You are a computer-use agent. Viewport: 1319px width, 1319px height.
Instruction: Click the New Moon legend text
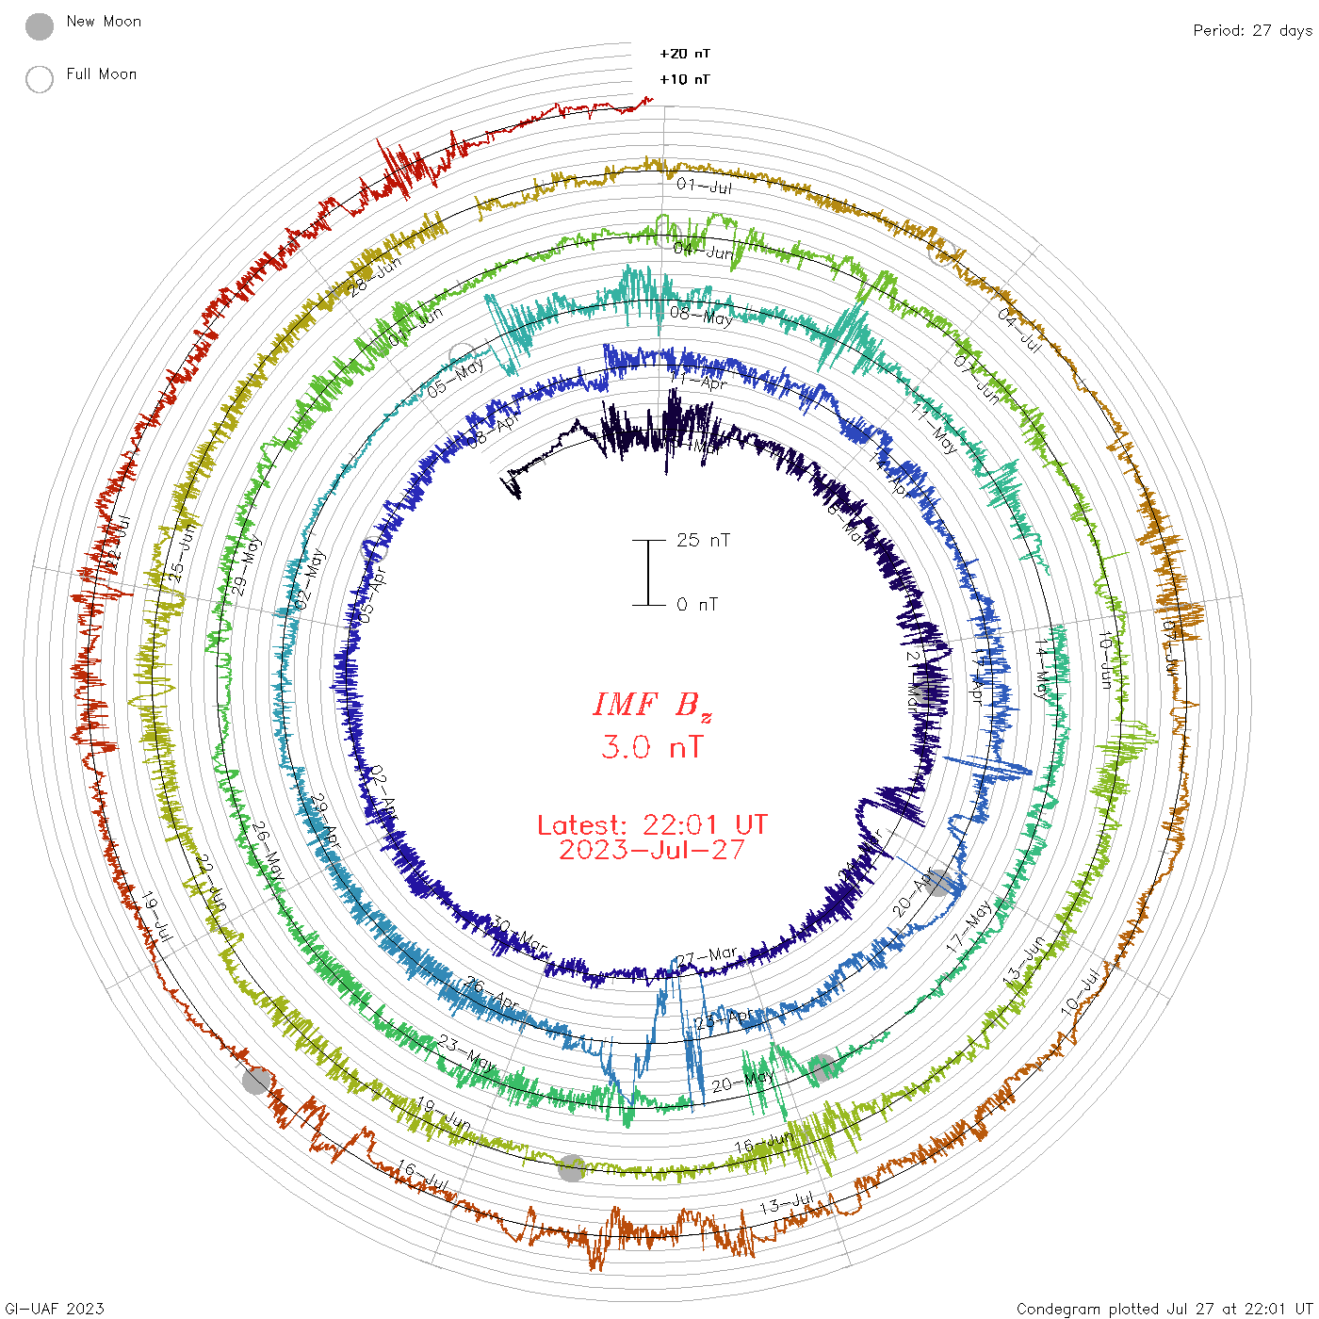point(104,22)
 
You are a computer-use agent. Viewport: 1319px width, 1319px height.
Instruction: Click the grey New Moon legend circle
point(40,26)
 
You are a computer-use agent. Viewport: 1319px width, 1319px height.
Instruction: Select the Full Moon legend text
point(102,74)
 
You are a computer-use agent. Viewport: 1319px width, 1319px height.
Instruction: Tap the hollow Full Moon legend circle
point(40,79)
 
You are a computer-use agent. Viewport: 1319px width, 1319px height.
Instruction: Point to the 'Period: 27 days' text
point(1252,31)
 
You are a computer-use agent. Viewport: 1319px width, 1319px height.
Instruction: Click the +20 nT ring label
point(685,54)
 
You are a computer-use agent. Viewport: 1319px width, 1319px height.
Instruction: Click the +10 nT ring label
point(685,79)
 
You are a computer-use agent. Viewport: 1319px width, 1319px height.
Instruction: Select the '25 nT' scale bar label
point(703,541)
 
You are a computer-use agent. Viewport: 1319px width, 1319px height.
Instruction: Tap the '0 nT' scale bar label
point(697,605)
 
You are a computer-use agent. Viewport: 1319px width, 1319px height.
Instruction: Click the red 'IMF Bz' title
point(652,705)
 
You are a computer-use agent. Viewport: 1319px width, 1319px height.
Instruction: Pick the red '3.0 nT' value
point(652,748)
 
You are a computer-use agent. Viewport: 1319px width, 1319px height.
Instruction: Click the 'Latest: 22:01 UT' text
point(652,825)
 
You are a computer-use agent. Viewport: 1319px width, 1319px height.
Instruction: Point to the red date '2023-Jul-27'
point(652,851)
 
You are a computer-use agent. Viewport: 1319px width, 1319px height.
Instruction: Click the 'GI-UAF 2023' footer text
point(53,1309)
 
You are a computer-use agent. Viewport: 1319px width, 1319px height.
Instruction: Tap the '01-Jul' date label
point(704,186)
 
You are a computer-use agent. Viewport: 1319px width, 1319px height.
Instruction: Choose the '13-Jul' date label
point(787,1204)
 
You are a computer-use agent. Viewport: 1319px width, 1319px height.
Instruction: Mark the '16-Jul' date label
point(422,1176)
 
